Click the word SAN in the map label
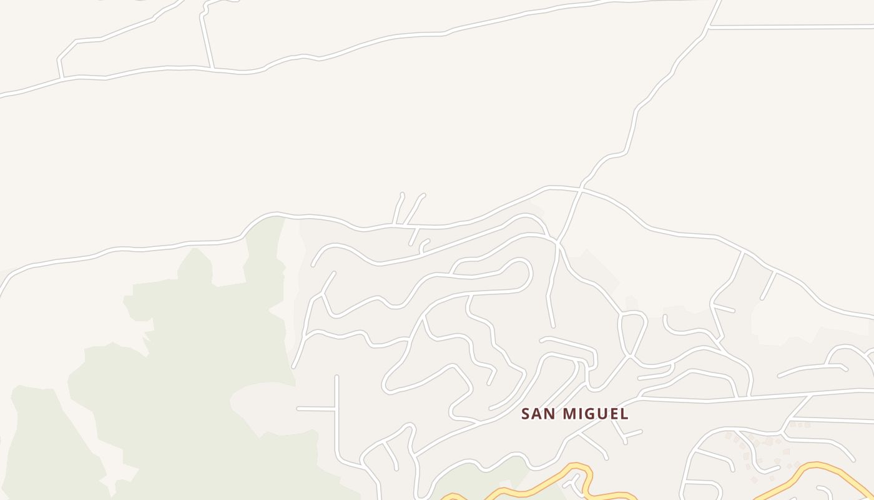coord(539,414)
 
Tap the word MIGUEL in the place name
coord(596,414)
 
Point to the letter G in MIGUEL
coord(590,414)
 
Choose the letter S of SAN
coord(526,414)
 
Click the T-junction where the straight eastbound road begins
coord(710,27)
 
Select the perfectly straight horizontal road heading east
coord(793,27)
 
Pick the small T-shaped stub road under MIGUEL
coord(625,435)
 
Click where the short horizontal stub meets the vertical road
coord(336,409)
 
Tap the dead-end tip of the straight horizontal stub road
coord(298,409)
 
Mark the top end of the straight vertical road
coord(336,377)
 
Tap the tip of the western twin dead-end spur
coord(401,194)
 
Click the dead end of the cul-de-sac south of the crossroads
coord(553,326)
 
